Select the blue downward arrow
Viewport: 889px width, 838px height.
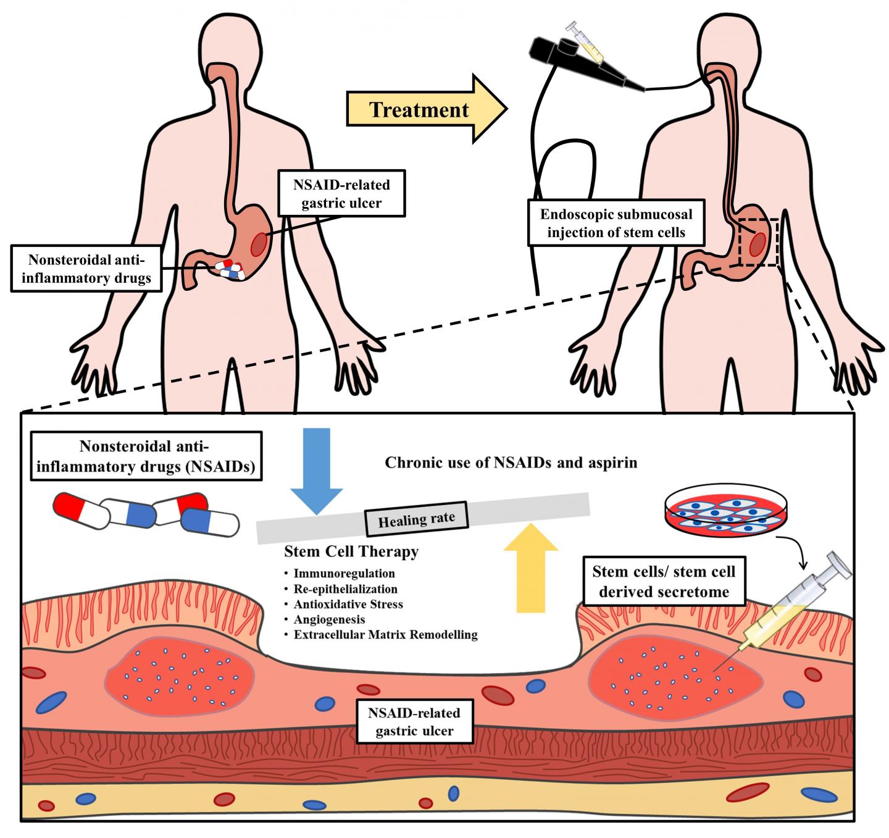pyautogui.click(x=317, y=470)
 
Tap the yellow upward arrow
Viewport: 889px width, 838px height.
pyautogui.click(x=531, y=568)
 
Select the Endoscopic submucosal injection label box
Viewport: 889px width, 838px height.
pyautogui.click(x=616, y=223)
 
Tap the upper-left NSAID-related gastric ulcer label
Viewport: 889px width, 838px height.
pyautogui.click(x=341, y=193)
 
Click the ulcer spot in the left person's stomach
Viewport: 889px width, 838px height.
pyautogui.click(x=259, y=245)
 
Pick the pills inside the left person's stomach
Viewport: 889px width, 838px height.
pyautogui.click(x=230, y=270)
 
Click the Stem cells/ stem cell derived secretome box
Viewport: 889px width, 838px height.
pyautogui.click(x=664, y=582)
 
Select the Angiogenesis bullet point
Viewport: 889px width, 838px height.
pyautogui.click(x=330, y=619)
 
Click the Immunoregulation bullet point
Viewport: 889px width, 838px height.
pyautogui.click(x=344, y=574)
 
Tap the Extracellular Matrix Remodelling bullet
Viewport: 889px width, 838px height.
pyautogui.click(x=385, y=635)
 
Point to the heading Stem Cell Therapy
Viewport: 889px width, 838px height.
pyautogui.click(x=351, y=551)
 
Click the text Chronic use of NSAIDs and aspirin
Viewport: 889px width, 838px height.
pyautogui.click(x=511, y=463)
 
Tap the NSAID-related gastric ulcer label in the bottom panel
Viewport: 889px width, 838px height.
pyautogui.click(x=414, y=721)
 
